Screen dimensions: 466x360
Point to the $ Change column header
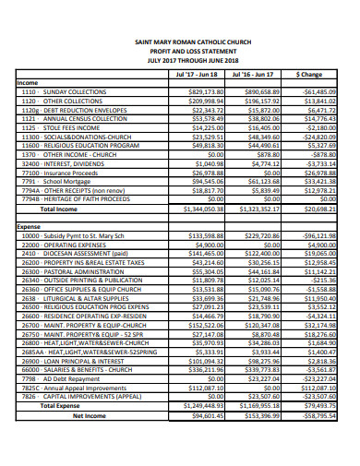(309, 73)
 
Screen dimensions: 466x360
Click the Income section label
(28, 83)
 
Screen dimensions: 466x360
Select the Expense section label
(30, 225)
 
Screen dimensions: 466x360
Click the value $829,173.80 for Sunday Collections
(205, 92)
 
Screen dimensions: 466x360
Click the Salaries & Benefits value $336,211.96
(205, 370)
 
